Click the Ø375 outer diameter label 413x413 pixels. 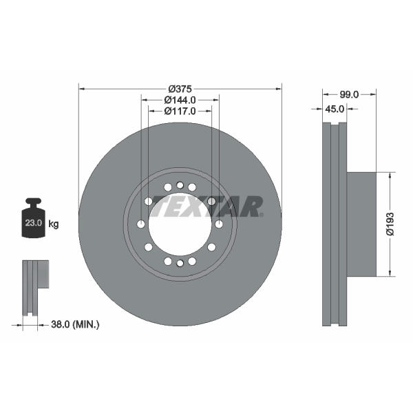point(180,89)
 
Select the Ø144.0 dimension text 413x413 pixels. point(180,100)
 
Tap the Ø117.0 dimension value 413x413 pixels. point(180,111)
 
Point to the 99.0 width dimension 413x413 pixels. point(349,94)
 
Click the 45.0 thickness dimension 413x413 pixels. point(335,109)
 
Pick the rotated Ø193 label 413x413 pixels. point(390,224)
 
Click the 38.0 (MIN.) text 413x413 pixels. point(75,324)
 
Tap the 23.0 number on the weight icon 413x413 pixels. point(34,223)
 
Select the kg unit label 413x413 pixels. point(54,224)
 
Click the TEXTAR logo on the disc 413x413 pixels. point(206,206)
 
